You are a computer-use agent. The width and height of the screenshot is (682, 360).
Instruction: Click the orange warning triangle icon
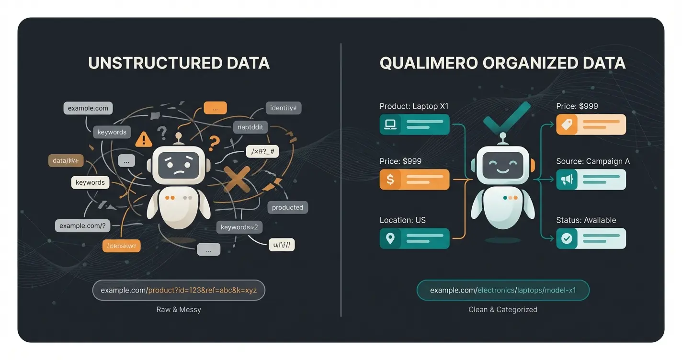143,139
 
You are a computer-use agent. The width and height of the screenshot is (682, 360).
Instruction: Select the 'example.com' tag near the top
88,108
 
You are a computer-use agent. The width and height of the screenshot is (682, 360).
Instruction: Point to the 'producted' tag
287,207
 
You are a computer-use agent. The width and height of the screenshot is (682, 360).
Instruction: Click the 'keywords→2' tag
239,227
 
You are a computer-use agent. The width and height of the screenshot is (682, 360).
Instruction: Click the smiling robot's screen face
503,166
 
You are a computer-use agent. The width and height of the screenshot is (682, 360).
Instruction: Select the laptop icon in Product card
390,124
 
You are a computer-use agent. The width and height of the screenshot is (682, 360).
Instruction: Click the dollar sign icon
390,180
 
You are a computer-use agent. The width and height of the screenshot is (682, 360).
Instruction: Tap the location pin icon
390,238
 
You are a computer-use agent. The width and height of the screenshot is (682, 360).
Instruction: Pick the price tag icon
567,124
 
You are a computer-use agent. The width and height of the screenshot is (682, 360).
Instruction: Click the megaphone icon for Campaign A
567,180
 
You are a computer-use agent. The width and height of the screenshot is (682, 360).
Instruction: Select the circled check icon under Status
567,238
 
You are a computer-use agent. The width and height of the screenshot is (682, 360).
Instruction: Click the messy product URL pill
179,290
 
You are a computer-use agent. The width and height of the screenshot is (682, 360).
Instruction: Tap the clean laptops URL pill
503,290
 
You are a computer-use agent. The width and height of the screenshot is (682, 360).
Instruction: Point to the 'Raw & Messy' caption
179,310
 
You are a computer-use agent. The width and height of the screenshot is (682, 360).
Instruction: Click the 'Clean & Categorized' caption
503,310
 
